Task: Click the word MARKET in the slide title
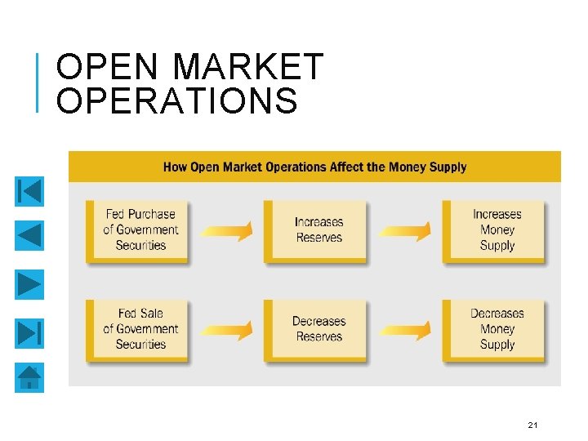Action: coord(249,66)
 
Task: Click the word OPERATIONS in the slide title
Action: coord(177,101)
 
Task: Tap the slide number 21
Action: coord(532,425)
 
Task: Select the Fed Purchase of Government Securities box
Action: coord(140,230)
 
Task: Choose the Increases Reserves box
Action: coord(318,230)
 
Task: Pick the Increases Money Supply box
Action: coord(497,230)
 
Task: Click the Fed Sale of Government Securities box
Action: coord(140,329)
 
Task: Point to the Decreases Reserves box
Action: coord(318,329)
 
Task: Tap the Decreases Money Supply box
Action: coord(497,329)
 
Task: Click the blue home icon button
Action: coord(29,378)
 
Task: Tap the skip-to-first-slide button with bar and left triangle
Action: coord(29,191)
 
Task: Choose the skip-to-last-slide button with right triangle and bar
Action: coord(29,332)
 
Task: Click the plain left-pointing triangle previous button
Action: coord(29,237)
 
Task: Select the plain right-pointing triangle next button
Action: coord(29,284)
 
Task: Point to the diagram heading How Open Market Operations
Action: coord(314,167)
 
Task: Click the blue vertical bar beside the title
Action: coord(39,81)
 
